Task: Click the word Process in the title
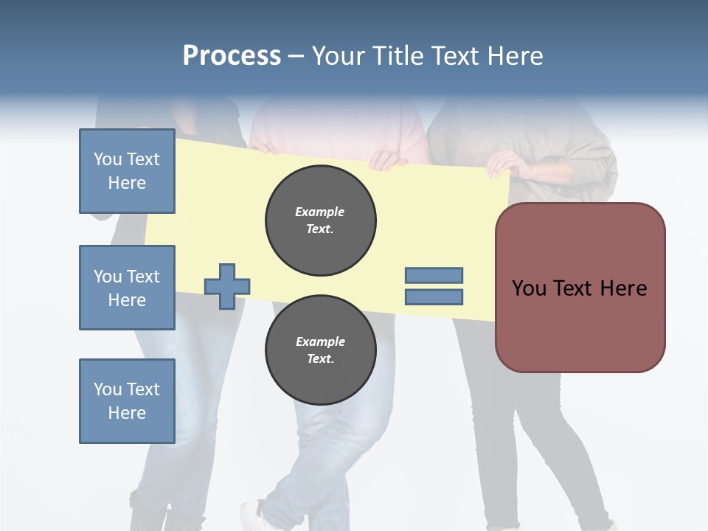pyautogui.click(x=232, y=56)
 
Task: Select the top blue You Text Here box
pyautogui.click(x=127, y=171)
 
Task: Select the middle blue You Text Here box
pyautogui.click(x=127, y=288)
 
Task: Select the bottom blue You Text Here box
pyautogui.click(x=127, y=401)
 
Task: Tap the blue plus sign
pyautogui.click(x=227, y=286)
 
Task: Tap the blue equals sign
pyautogui.click(x=434, y=286)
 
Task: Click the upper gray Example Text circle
pyautogui.click(x=321, y=221)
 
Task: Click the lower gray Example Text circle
pyautogui.click(x=321, y=350)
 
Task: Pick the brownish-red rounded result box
pyautogui.click(x=580, y=288)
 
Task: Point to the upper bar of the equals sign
pyautogui.click(x=434, y=275)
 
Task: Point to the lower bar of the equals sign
pyautogui.click(x=434, y=297)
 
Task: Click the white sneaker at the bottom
pyautogui.click(x=252, y=514)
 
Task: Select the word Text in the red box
pyautogui.click(x=579, y=288)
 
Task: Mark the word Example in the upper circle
pyautogui.click(x=320, y=212)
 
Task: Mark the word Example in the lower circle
pyautogui.click(x=320, y=341)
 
